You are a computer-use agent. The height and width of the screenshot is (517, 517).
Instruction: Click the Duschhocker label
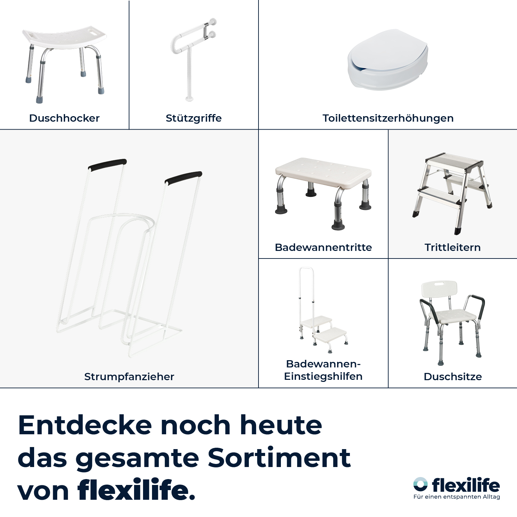point(64,118)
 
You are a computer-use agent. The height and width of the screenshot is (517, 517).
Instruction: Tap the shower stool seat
point(64,37)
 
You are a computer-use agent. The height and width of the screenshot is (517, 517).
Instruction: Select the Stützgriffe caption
point(194,118)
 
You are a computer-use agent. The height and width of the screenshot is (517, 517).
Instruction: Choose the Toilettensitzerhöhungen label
point(388,118)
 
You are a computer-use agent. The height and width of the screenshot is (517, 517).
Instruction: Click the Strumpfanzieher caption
point(129,377)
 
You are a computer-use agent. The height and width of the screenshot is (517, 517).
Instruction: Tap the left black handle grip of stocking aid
point(108,164)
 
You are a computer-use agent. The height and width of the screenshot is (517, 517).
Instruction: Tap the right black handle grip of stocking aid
point(183,177)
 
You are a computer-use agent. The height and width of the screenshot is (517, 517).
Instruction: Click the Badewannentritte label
point(323,247)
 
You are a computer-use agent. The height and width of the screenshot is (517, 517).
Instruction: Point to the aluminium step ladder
point(452,193)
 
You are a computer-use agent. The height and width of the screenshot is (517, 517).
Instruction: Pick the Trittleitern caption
point(453,247)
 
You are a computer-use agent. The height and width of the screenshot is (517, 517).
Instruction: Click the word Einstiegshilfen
point(323,376)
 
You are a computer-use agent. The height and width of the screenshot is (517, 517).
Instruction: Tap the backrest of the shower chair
point(439,289)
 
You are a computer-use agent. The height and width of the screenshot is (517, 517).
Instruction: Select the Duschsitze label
point(453,377)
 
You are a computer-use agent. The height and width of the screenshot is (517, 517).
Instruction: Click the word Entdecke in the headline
point(85,425)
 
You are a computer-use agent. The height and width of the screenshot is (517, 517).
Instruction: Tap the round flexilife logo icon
point(420,484)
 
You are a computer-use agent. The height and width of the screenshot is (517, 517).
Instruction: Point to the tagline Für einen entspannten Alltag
point(457,497)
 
